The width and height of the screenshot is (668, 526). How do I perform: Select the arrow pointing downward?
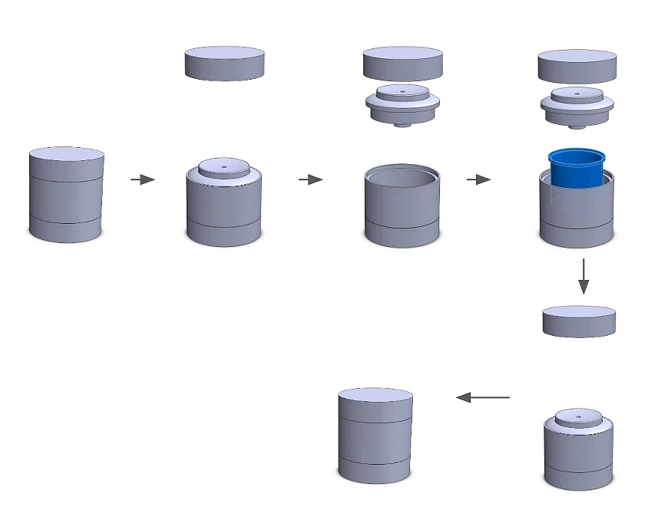click(584, 276)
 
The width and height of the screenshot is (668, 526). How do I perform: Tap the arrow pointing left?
click(483, 397)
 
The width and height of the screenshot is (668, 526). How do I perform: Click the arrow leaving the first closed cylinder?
click(142, 179)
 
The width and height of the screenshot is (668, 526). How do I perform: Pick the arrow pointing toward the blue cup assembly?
click(478, 179)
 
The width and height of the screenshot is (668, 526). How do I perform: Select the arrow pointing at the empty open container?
click(310, 179)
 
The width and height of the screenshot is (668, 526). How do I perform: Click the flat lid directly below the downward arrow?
click(579, 321)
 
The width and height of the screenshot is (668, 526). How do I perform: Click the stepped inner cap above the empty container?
click(402, 104)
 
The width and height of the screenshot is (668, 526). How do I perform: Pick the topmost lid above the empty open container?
click(403, 63)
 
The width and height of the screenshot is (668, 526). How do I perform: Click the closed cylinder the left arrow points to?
click(375, 435)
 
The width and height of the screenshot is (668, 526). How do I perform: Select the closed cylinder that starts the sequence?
click(66, 196)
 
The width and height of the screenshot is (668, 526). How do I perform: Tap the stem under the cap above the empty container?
click(402, 124)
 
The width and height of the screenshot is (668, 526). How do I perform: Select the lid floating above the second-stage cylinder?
click(224, 63)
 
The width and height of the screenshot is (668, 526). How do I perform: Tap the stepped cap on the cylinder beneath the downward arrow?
click(578, 418)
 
